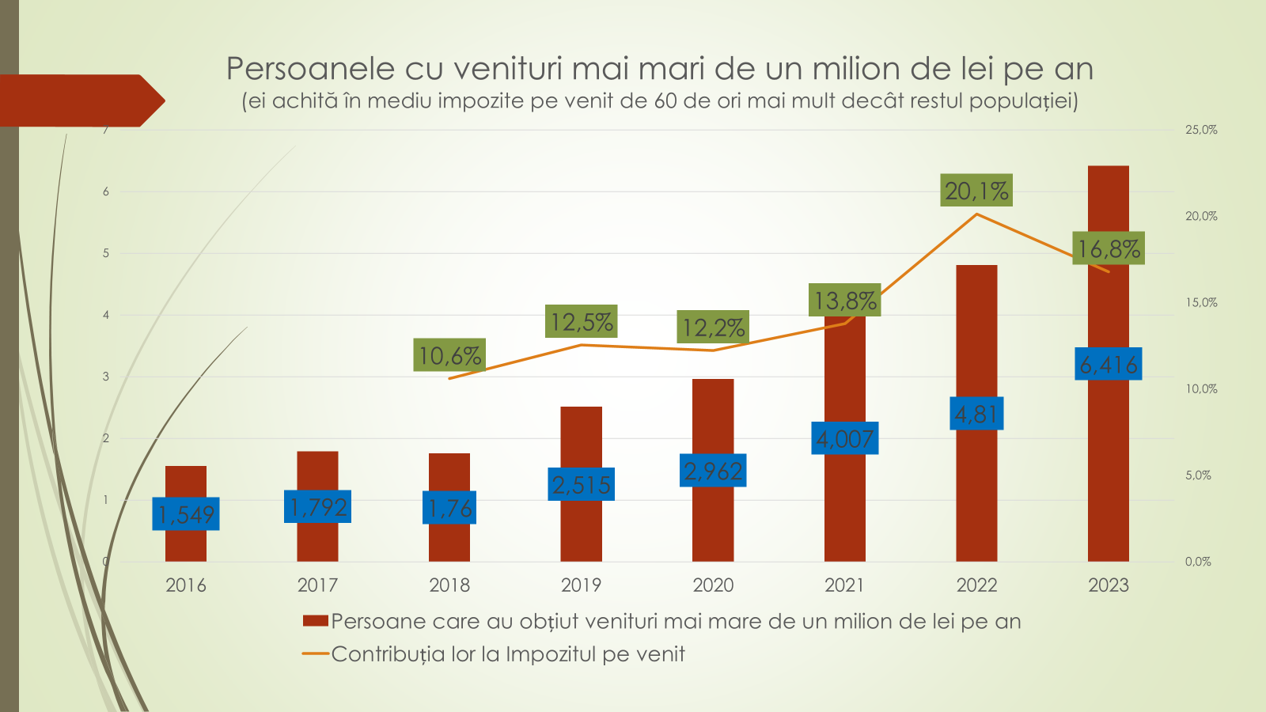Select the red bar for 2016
(186, 546)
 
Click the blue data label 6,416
(1108, 364)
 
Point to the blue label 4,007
(845, 438)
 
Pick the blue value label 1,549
(186, 514)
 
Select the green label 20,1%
(976, 191)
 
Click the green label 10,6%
(449, 355)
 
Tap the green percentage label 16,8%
(1109, 248)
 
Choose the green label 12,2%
(713, 327)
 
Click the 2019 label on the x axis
(582, 585)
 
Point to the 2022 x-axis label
(976, 585)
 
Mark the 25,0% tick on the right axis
(1200, 130)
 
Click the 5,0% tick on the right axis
(1198, 475)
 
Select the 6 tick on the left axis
(106, 191)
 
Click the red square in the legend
(315, 621)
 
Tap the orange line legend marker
(315, 654)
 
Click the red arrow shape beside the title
(79, 100)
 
